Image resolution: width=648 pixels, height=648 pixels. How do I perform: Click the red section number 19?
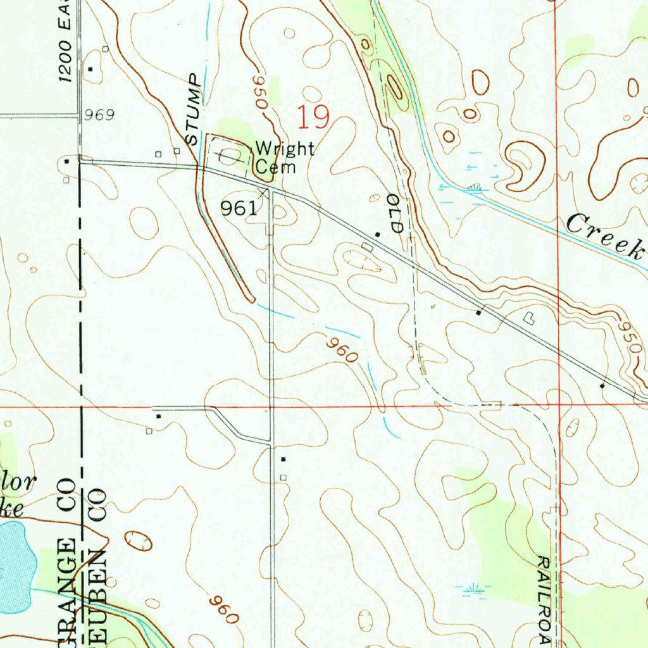coord(314,118)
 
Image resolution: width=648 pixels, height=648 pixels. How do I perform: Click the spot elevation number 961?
coord(239,208)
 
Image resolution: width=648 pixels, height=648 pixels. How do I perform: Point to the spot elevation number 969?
coord(99,115)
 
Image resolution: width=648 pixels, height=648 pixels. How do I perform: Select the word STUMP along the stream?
coord(194,108)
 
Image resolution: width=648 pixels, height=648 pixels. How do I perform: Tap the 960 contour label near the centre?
coord(343,350)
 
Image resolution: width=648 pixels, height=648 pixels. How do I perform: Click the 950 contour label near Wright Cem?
coord(260,92)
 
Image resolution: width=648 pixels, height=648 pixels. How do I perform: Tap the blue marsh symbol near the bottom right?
coord(471,590)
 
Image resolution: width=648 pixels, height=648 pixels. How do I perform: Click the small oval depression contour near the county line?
coord(138,540)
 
